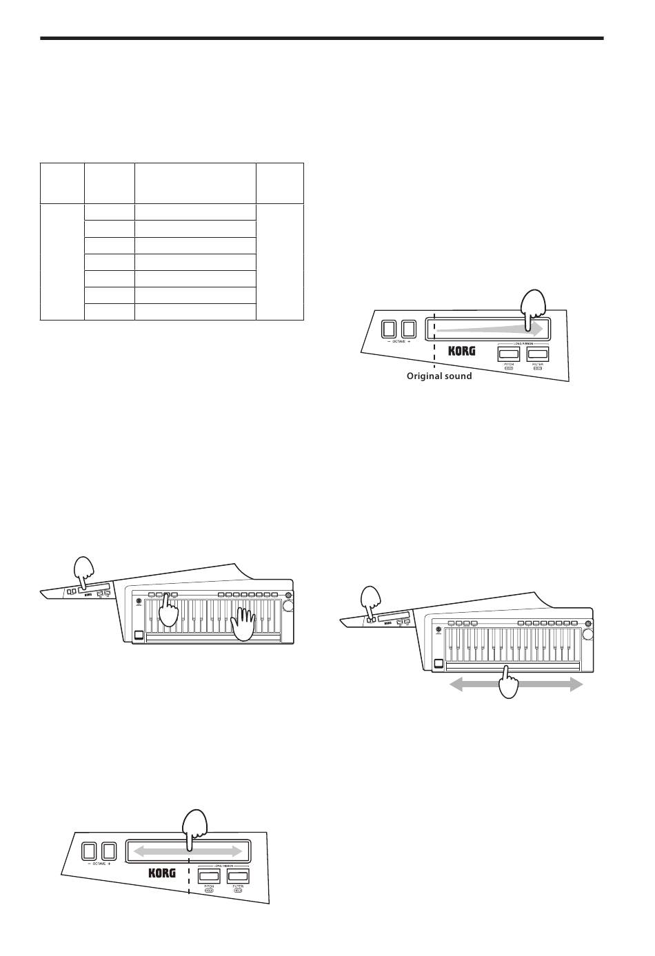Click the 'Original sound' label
[439, 376]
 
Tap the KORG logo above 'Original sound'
[462, 352]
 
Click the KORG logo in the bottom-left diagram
[162, 873]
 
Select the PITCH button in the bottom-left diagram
[210, 876]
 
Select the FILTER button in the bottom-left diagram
[238, 876]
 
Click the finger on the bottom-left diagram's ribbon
[189, 831]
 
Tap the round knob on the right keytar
[588, 632]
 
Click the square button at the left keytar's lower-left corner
[139, 637]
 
